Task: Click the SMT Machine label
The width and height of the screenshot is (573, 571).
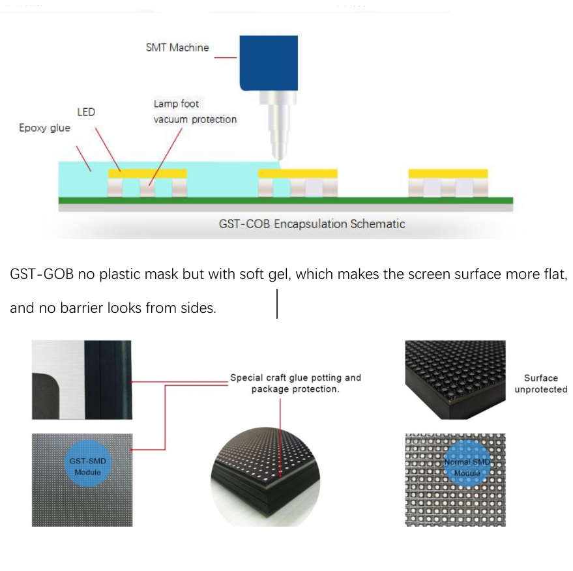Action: (177, 48)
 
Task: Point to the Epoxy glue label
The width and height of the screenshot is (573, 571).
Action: (44, 128)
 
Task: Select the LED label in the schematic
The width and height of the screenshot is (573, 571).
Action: (86, 112)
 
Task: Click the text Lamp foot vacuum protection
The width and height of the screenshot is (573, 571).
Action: (194, 111)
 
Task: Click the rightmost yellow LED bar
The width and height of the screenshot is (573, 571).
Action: (448, 173)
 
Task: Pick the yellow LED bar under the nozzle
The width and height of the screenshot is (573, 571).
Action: (298, 173)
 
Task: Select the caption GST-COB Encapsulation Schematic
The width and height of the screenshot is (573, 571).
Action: (312, 224)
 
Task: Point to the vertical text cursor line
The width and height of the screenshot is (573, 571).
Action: (278, 304)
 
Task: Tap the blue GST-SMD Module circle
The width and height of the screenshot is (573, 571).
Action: (87, 466)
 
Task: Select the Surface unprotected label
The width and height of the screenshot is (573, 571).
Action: (540, 384)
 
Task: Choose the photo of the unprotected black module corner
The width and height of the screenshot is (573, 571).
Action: (455, 380)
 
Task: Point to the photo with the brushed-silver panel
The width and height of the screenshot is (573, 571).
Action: (81, 380)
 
